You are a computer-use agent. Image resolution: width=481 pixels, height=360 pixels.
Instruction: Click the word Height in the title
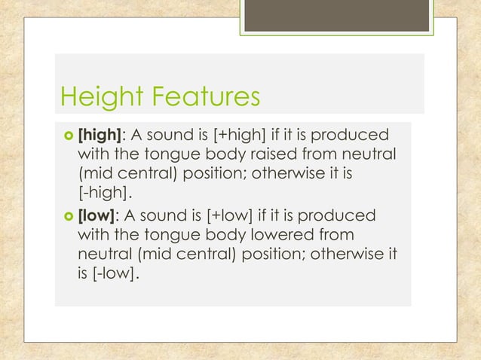tap(101, 97)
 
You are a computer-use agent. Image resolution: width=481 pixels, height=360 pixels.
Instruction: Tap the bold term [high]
tap(100, 135)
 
